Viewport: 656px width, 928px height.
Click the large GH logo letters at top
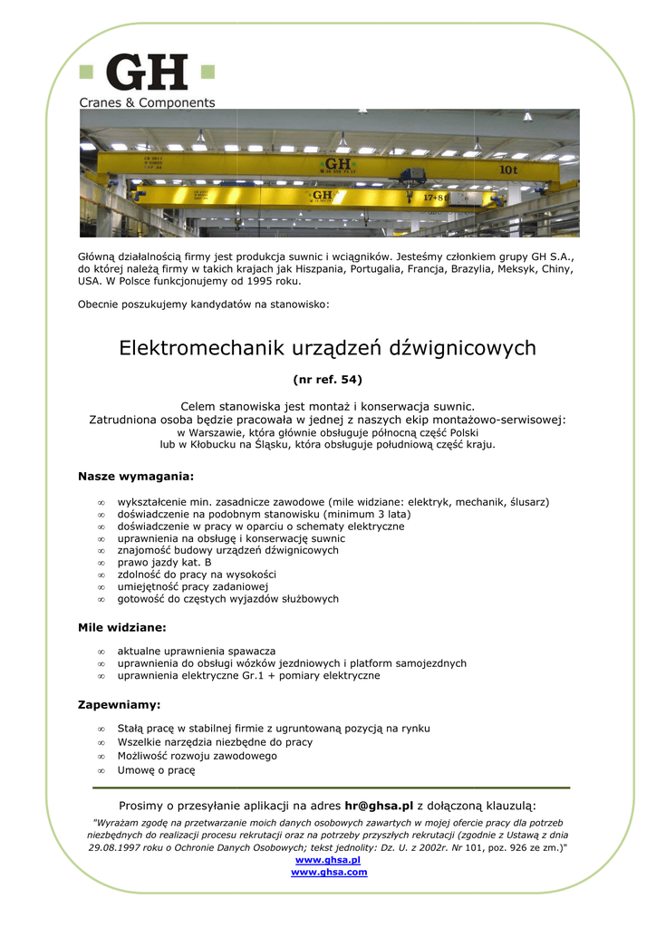coord(148,72)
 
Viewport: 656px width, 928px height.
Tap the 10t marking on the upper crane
coord(508,169)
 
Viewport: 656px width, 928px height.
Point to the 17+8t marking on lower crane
coord(437,196)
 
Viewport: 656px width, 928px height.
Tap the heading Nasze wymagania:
coord(136,476)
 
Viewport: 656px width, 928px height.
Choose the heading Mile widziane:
coord(122,627)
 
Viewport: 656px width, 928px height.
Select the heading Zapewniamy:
coord(120,704)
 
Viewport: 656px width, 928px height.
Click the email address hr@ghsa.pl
coord(379,805)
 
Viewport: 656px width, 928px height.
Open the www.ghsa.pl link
coord(328,859)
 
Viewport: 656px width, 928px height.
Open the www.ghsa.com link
coord(329,872)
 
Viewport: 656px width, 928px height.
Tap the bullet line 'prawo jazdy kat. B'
coord(164,563)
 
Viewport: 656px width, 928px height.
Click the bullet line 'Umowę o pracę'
coord(156,770)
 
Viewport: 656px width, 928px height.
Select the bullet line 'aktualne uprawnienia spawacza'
coord(196,652)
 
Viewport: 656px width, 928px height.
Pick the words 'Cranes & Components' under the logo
coord(148,103)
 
